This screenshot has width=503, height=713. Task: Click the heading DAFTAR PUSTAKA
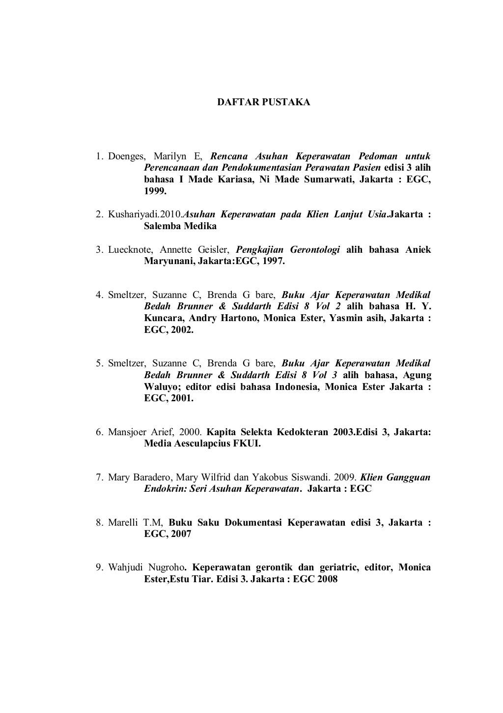pos(264,103)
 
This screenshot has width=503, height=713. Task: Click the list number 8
pos(99,522)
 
